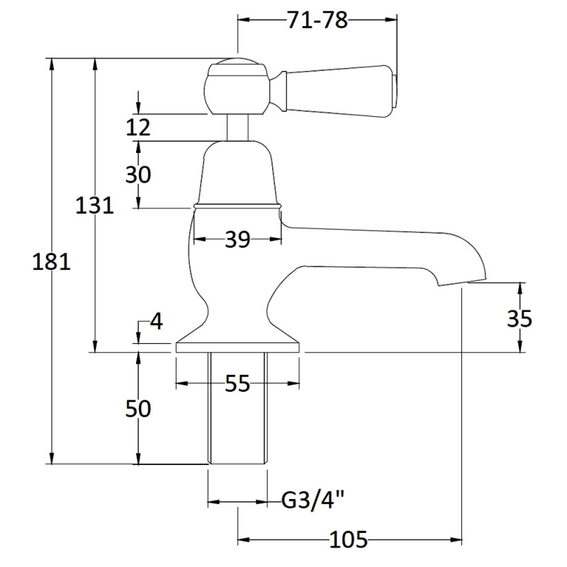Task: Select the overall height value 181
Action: pos(52,262)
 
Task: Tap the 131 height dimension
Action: pos(95,206)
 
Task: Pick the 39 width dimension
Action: pos(238,240)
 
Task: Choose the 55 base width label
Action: pos(237,384)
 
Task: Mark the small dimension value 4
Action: pos(157,322)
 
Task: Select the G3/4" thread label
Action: pos(313,502)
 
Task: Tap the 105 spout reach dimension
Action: pos(349,540)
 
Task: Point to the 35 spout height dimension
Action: pos(520,318)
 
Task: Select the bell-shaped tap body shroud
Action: pos(237,174)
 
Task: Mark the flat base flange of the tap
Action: pos(237,347)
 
